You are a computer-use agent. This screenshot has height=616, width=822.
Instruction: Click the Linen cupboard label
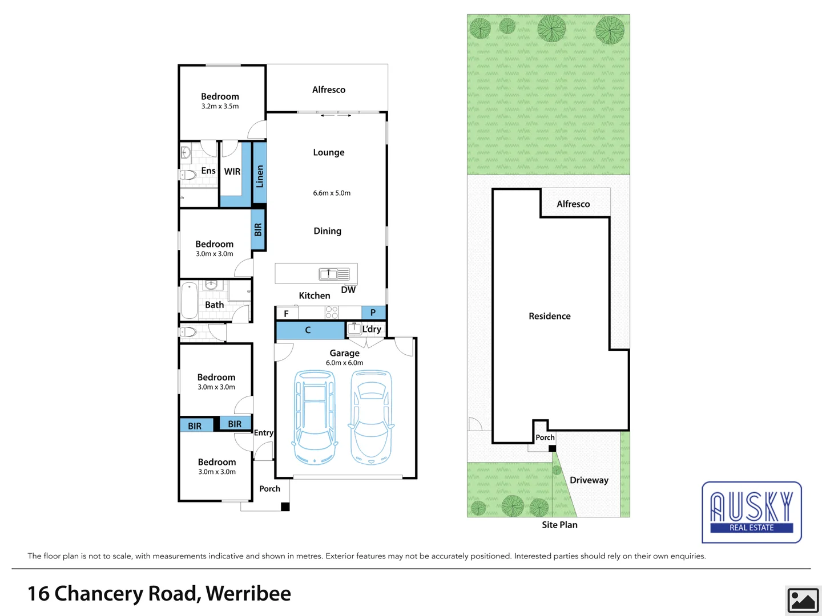[x=260, y=176]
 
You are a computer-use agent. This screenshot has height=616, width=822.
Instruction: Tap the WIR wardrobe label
[x=232, y=172]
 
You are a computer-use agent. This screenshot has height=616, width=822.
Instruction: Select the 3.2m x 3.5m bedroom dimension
[x=220, y=107]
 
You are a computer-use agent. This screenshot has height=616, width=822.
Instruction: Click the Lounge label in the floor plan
[x=329, y=152]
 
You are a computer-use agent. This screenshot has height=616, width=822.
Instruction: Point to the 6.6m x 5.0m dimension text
[x=332, y=193]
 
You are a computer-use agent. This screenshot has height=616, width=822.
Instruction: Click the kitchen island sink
[x=328, y=274]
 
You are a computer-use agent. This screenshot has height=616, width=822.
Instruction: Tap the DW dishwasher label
[x=348, y=290]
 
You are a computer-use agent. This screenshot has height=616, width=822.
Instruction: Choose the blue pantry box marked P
[x=373, y=313]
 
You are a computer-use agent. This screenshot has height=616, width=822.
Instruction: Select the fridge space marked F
[x=287, y=313]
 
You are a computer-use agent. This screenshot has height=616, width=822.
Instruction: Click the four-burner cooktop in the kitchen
[x=332, y=313]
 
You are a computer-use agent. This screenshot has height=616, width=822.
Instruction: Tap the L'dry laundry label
[x=372, y=329]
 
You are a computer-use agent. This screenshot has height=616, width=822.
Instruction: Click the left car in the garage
[x=314, y=417]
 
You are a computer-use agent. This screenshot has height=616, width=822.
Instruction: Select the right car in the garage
[x=371, y=417]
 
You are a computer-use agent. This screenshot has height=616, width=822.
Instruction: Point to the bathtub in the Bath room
[x=189, y=301]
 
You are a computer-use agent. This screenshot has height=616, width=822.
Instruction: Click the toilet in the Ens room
[x=188, y=175]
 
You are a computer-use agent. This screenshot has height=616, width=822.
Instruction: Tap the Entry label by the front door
[x=263, y=433]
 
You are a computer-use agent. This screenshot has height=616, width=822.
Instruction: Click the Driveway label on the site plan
[x=589, y=480]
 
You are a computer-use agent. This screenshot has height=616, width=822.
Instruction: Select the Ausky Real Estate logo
[x=751, y=512]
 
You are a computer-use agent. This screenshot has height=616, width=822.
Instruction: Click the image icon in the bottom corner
[x=803, y=600]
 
